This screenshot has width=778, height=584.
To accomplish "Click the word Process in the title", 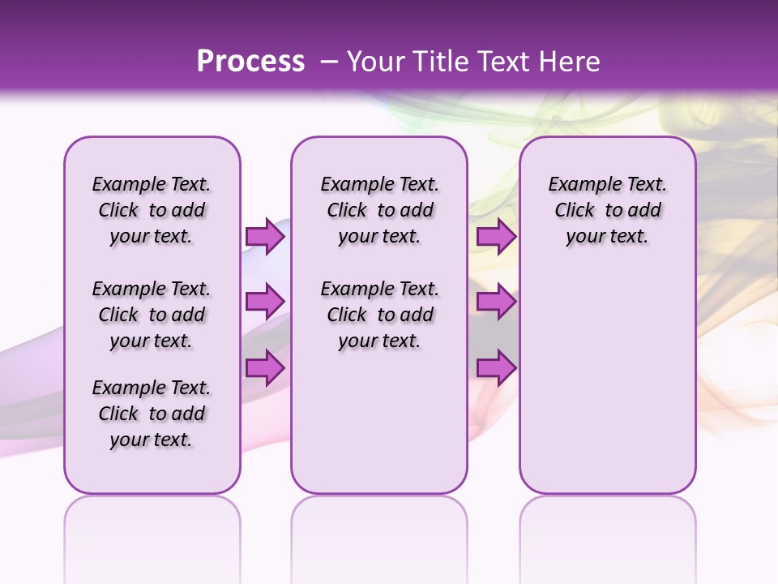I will pyautogui.click(x=250, y=61).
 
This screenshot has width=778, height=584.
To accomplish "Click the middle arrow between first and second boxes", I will pyautogui.click(x=265, y=302).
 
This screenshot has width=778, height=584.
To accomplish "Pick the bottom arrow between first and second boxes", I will pyautogui.click(x=265, y=368).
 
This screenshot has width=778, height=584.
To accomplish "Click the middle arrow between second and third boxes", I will pyautogui.click(x=496, y=302).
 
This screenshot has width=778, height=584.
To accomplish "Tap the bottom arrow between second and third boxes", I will pyautogui.click(x=496, y=368).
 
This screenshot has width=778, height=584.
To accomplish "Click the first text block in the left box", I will pyautogui.click(x=152, y=210).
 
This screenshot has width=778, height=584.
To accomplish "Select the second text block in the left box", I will pyautogui.click(x=152, y=315).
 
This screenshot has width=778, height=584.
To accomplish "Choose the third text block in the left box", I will pyautogui.click(x=152, y=414).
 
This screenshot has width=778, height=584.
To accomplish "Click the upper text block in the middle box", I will pyautogui.click(x=379, y=210).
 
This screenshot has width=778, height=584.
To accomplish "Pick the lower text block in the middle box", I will pyautogui.click(x=379, y=315).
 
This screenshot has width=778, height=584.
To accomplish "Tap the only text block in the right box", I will pyautogui.click(x=607, y=210).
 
